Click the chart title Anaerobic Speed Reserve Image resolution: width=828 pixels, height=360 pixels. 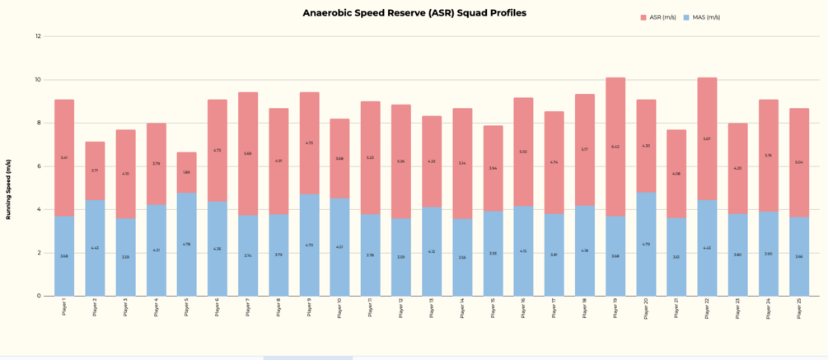click(x=414, y=13)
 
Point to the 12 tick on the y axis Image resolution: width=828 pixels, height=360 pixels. click(x=38, y=36)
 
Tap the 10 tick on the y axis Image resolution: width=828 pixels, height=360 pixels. click(x=38, y=80)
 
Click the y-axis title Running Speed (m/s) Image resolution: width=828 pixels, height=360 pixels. click(x=9, y=190)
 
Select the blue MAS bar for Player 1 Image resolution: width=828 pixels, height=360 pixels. click(x=64, y=255)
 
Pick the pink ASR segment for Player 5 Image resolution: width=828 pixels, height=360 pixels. click(x=187, y=172)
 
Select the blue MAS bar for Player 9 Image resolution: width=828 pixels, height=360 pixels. click(x=309, y=245)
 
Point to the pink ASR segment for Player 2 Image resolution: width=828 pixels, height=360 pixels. click(x=95, y=171)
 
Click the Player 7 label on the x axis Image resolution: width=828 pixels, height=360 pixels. click(x=248, y=307)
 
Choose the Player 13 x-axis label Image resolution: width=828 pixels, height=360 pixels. click(x=432, y=308)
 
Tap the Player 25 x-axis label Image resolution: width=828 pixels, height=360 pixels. click(x=798, y=308)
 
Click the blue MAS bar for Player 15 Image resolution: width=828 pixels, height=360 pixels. click(x=493, y=253)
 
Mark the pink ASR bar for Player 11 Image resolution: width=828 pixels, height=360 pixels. click(x=371, y=157)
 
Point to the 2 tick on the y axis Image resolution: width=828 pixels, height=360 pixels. click(x=38, y=253)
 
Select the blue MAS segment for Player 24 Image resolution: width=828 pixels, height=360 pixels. click(x=769, y=254)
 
